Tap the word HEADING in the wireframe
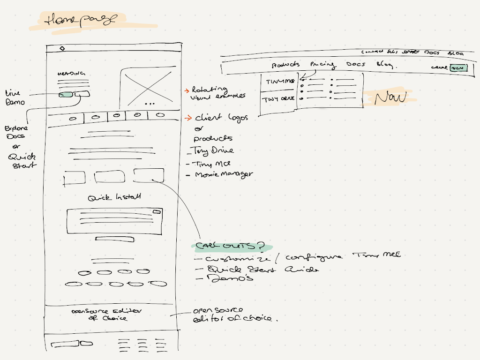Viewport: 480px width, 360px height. [71, 74]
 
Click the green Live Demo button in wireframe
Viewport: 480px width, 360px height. [66, 95]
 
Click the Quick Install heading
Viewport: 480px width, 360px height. [114, 197]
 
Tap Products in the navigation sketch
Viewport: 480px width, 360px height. [285, 65]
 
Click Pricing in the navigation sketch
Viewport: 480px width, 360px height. [322, 65]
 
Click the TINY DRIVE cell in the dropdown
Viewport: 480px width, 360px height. [278, 99]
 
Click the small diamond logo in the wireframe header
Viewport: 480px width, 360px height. [62, 48]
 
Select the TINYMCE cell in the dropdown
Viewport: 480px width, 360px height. [279, 82]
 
